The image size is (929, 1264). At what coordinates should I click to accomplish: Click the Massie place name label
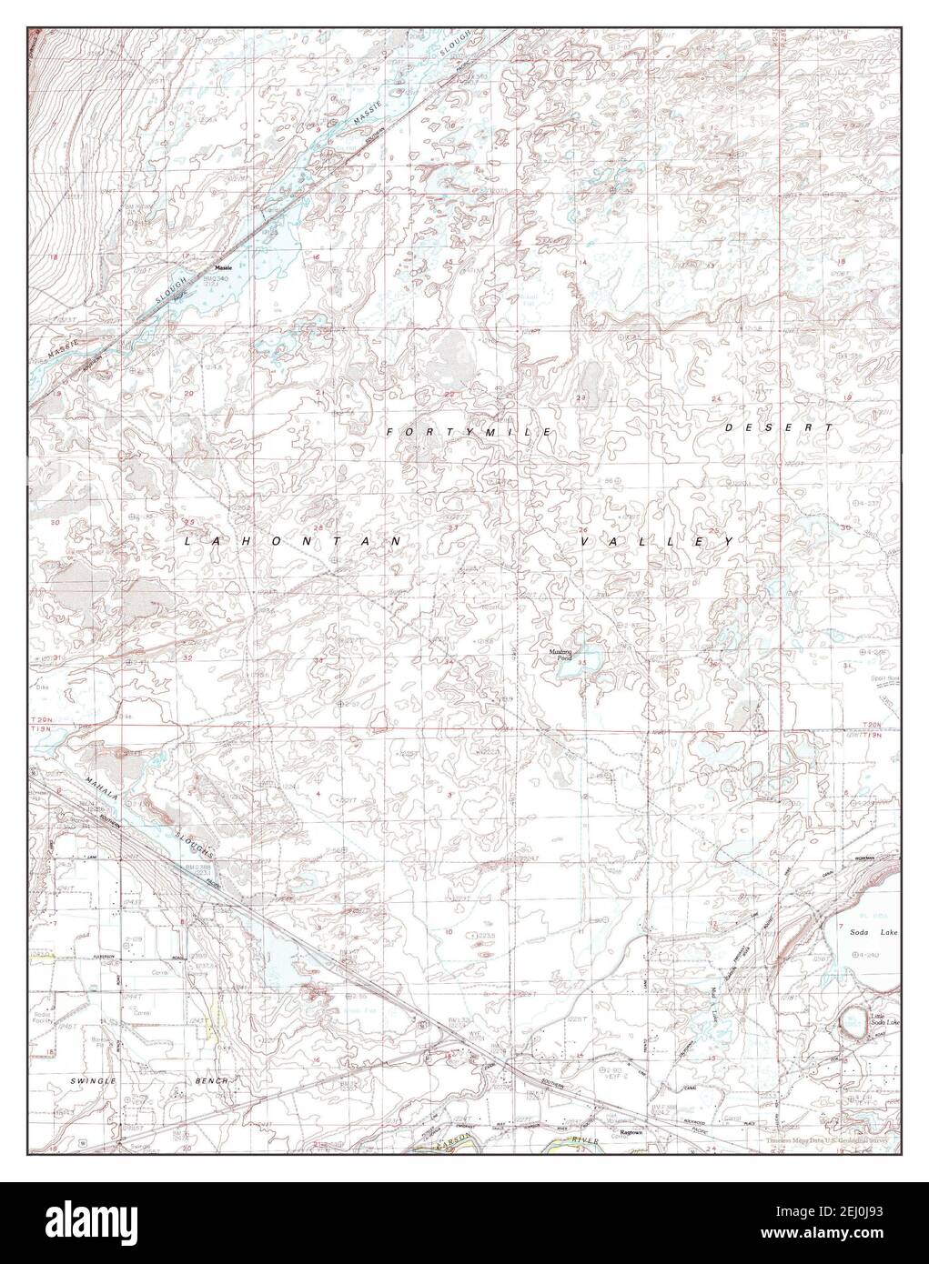coord(224,256)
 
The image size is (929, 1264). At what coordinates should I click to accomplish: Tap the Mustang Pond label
coord(559,654)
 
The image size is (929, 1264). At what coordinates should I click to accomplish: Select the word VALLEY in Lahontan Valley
coord(657,541)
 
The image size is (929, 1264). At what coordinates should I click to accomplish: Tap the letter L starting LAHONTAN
coord(188,541)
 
